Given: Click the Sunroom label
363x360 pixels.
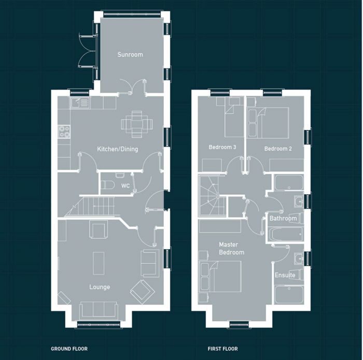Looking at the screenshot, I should coord(130,54).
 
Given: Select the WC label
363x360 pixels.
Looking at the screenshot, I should coord(125,185).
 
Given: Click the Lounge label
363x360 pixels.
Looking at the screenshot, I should coord(99,287).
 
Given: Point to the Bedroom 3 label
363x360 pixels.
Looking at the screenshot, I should coord(222,148).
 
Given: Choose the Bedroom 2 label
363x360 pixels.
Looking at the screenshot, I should coord(278,149).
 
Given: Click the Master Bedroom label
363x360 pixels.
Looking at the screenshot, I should coord(231,248).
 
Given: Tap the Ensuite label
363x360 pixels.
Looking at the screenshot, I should coord(285,275).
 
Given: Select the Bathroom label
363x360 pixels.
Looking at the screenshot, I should coord(283,219).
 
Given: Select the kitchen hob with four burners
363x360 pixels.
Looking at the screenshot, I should coord(64,132).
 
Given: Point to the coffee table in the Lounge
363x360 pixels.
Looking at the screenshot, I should coord(99,263).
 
